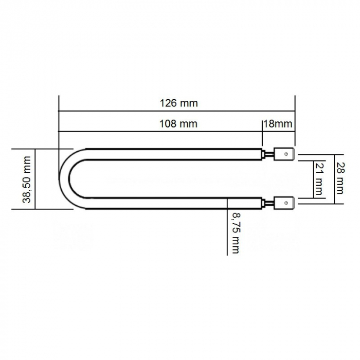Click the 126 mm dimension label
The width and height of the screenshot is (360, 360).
click(x=178, y=103)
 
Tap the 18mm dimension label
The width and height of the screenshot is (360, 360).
click(x=278, y=123)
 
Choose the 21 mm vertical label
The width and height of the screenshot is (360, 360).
click(x=319, y=178)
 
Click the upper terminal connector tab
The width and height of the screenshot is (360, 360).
click(x=284, y=154)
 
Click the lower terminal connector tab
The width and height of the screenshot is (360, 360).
click(x=284, y=203)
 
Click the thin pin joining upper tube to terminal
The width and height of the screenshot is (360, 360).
click(x=268, y=153)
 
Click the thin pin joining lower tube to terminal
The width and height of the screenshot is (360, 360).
click(x=268, y=204)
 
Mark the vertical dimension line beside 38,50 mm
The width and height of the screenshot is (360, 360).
click(x=35, y=178)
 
